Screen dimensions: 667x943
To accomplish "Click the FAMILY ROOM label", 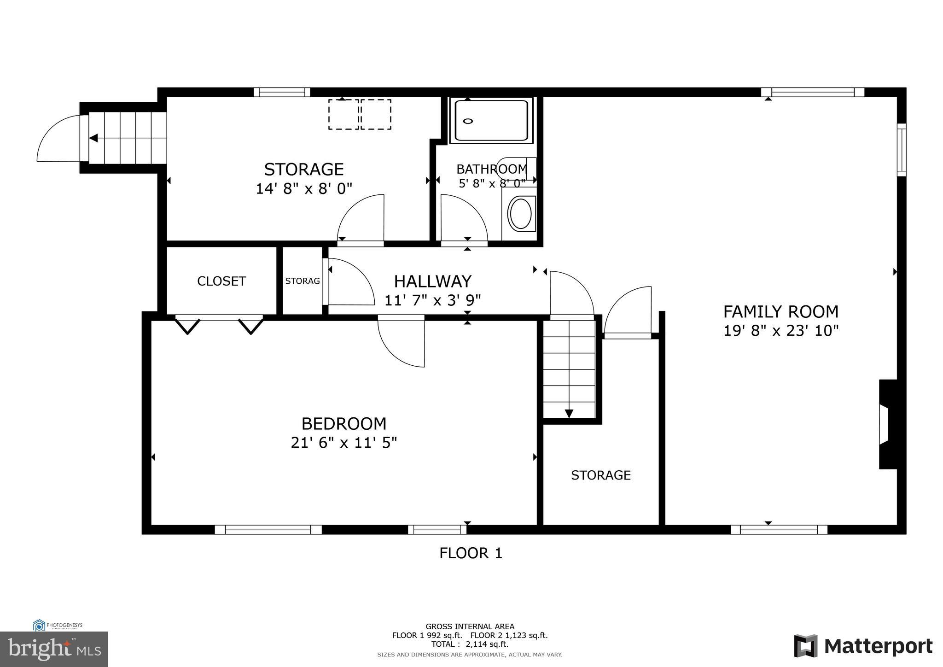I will coord(780,312).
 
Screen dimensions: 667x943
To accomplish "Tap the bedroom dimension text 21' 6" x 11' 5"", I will coord(343,443).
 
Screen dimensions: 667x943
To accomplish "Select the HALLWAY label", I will coord(432,281).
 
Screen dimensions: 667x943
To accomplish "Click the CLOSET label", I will coord(221,281).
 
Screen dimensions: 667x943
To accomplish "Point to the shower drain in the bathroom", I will coord(468,121).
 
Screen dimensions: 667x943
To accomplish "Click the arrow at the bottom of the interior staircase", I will coord(569,413).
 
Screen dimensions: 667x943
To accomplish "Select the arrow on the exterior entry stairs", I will coord(93,138).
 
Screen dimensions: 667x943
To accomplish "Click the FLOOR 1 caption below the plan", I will coord(471,553).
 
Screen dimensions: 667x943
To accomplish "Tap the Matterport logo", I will coord(863,646).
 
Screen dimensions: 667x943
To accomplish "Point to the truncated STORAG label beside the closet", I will coord(302,281).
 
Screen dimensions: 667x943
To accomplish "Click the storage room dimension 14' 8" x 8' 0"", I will coord(303,189).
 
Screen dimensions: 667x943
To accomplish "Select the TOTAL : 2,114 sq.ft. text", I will coord(469,644).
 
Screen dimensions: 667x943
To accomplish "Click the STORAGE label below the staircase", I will coord(600,475).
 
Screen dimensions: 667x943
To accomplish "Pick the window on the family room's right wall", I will coord(901,150).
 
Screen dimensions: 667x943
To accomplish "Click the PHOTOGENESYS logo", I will coord(58,625).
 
